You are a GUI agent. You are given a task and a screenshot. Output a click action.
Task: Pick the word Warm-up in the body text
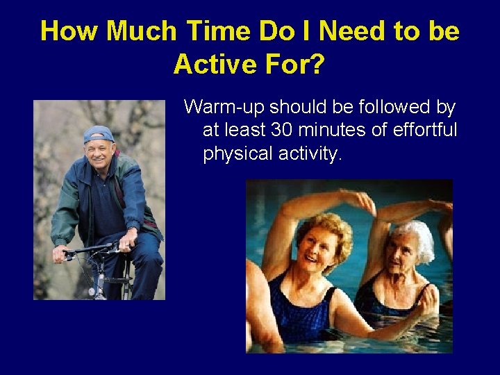click(x=224, y=108)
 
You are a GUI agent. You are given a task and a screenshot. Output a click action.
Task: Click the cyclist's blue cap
click(x=98, y=134)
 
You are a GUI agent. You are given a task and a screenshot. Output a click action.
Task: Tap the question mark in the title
click(x=316, y=65)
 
